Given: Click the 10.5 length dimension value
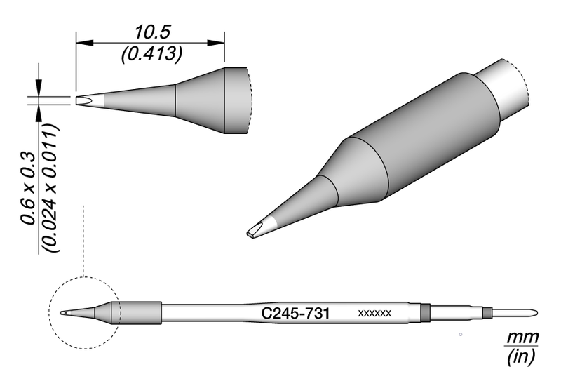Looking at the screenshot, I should [x=151, y=31].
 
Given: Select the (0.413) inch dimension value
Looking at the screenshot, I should [x=151, y=53].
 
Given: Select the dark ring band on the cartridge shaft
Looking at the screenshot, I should [x=424, y=312].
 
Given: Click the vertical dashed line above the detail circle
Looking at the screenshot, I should [x=83, y=239].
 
